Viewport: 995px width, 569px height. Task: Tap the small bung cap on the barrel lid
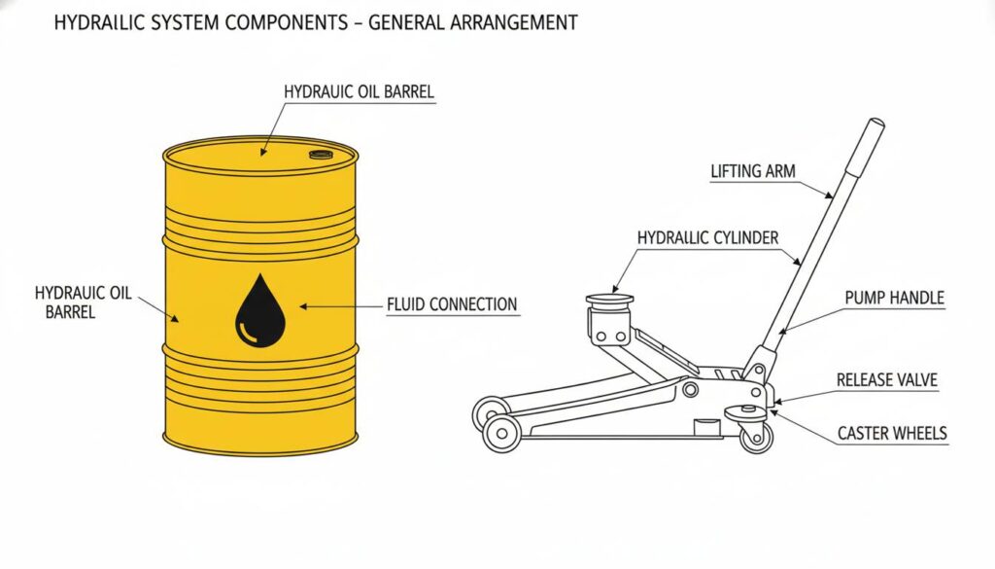[320, 155]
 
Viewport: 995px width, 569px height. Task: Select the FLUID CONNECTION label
[452, 304]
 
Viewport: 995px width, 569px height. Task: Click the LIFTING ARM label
[753, 171]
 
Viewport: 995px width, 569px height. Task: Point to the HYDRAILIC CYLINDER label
[707, 237]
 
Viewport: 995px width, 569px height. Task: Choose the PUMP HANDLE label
[895, 299]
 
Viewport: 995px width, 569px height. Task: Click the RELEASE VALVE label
[887, 380]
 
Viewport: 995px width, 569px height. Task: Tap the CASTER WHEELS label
[891, 433]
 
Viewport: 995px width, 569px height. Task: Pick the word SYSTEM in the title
[176, 22]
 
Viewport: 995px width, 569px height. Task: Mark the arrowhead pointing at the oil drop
[303, 306]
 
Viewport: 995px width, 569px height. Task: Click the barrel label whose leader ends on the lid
[359, 91]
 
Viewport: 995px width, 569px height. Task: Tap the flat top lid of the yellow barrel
[259, 155]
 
